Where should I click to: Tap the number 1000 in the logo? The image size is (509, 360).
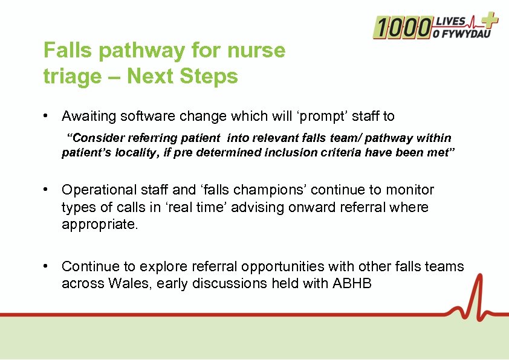point(403,28)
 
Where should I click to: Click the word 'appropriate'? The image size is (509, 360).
point(99,224)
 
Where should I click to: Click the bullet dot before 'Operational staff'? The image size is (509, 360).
point(45,190)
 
